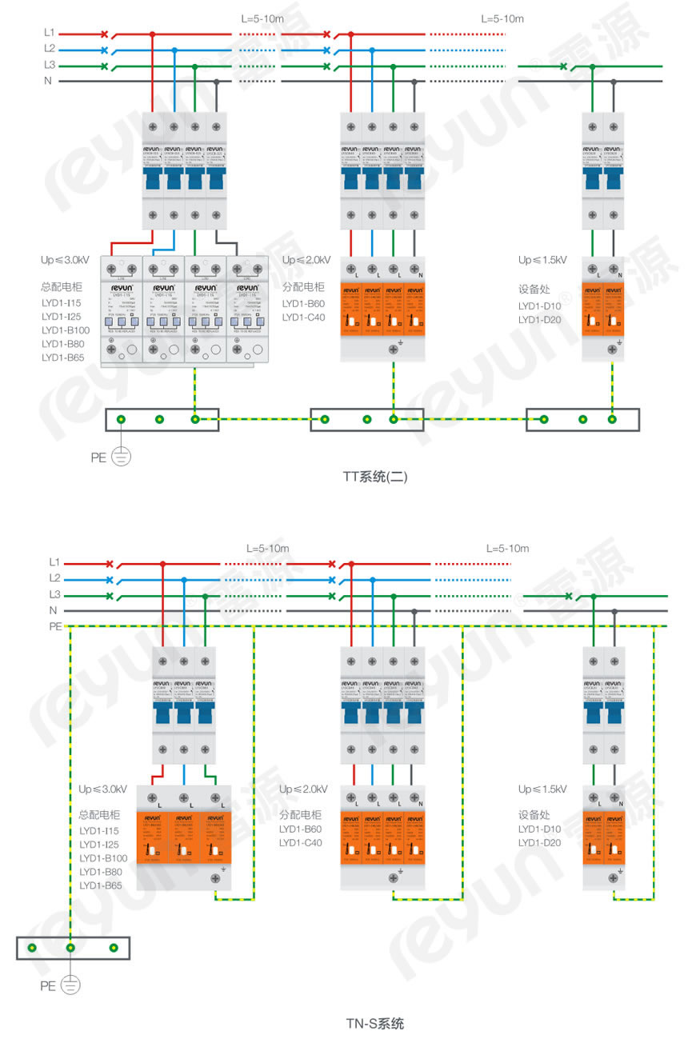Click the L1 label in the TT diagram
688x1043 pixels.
(50, 33)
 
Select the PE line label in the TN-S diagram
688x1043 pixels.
(55, 626)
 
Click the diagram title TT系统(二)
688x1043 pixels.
(376, 478)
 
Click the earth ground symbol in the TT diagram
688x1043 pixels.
(121, 458)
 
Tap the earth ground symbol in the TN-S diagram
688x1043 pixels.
(70, 986)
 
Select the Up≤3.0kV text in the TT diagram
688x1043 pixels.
(65, 260)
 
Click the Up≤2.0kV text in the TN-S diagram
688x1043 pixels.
(303, 789)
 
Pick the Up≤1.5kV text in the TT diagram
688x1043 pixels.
(542, 260)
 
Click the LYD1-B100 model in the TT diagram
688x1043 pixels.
(66, 330)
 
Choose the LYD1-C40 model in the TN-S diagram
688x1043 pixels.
(301, 842)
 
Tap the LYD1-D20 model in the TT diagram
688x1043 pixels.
(540, 320)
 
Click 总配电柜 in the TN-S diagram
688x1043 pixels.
(99, 815)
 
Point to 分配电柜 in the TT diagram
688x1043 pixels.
(303, 287)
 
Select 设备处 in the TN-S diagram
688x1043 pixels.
(534, 815)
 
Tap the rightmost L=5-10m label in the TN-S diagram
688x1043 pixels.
(507, 549)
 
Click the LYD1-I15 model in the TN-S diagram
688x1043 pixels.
(99, 830)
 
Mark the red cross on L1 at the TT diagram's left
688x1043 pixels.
(105, 34)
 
